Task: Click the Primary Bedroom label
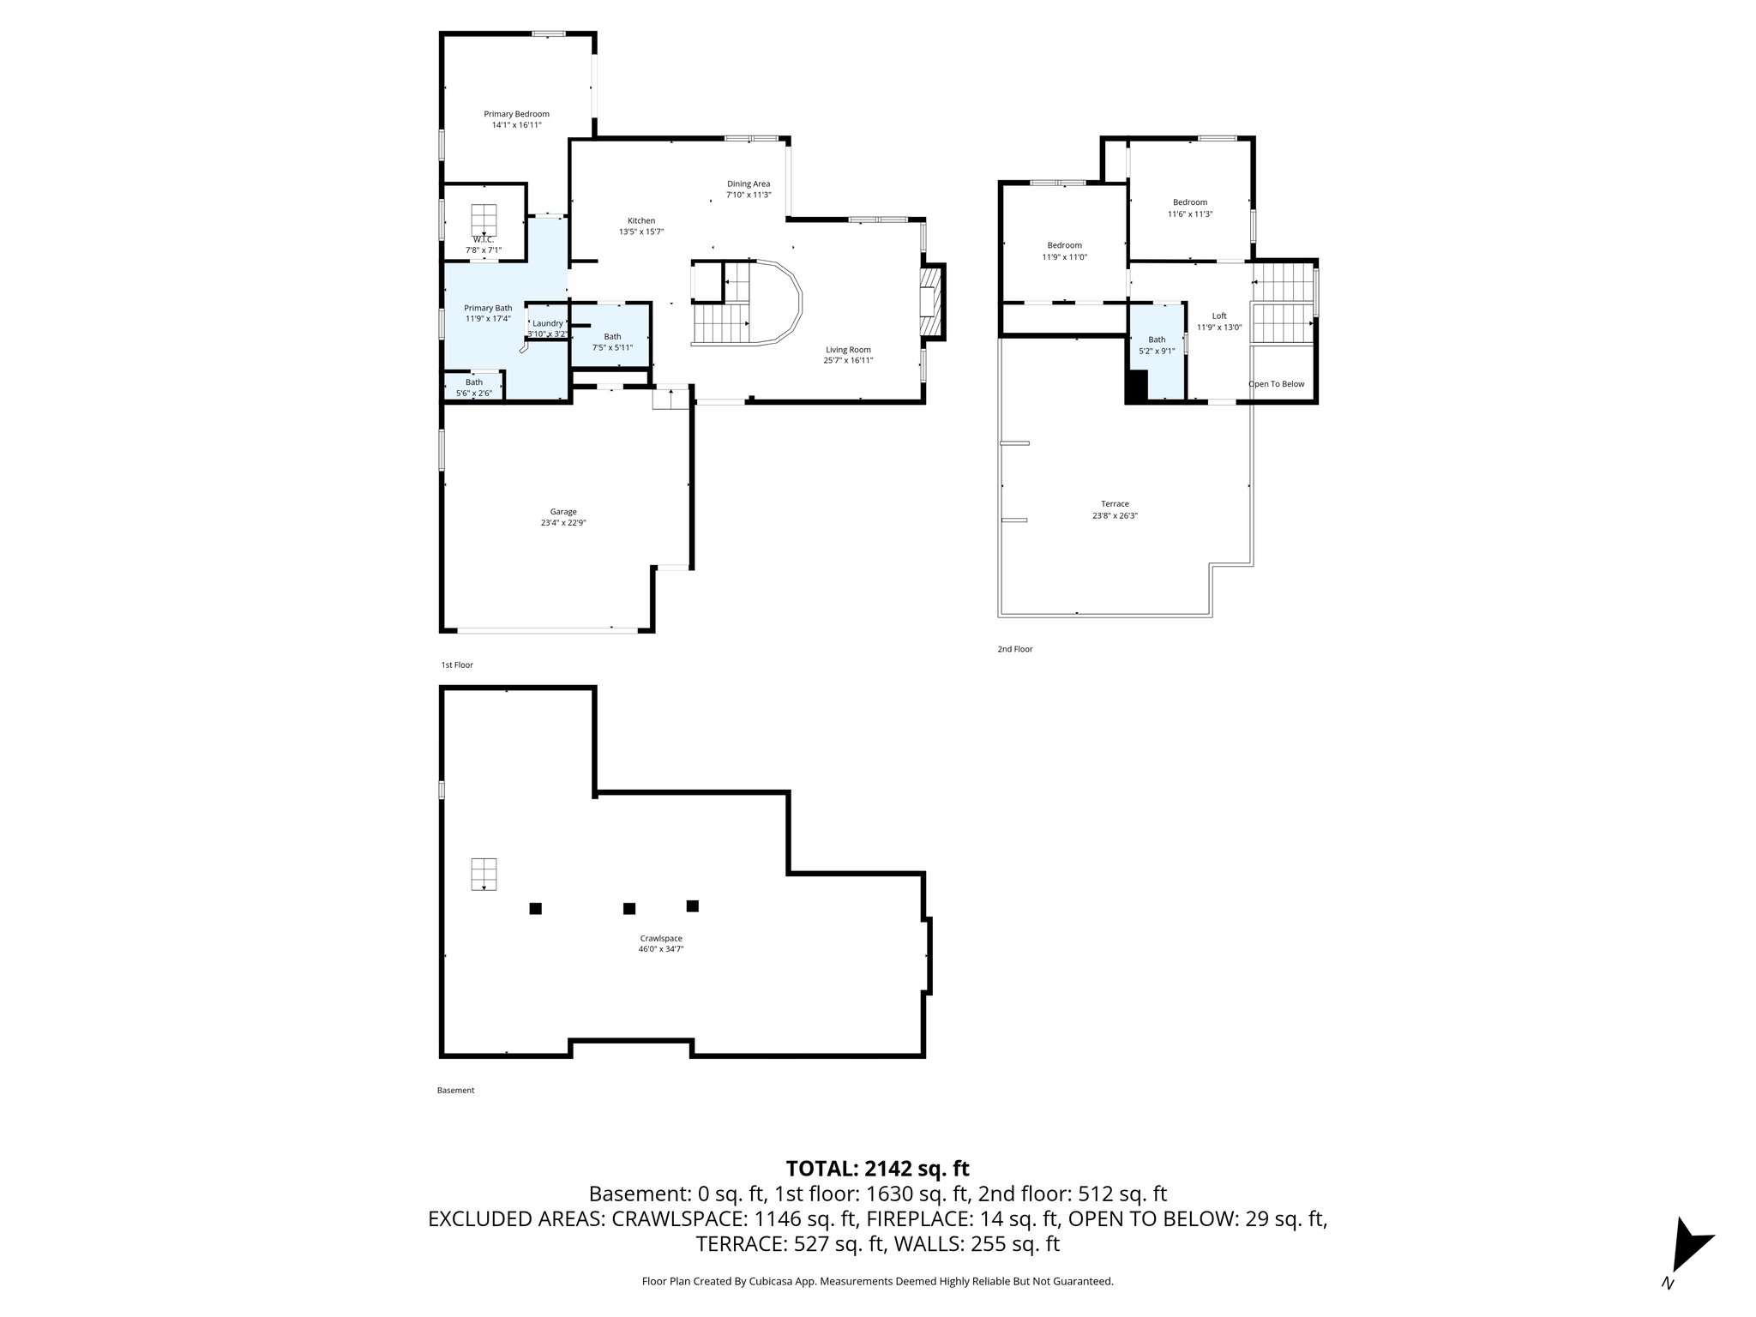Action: [516, 114]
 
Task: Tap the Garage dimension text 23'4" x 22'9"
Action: [562, 523]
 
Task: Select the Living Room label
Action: [848, 350]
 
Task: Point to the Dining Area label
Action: [749, 183]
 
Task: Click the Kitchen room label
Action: [640, 220]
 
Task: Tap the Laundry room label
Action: [548, 323]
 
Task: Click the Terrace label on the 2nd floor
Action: [1115, 504]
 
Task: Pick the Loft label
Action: [1218, 316]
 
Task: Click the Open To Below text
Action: [1276, 384]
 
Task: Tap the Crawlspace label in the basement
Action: [660, 938]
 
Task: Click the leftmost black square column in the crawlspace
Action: [535, 908]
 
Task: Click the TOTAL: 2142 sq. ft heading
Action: [877, 1168]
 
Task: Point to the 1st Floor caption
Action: [456, 665]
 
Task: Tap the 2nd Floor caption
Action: [1014, 649]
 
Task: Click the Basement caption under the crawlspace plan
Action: [455, 1091]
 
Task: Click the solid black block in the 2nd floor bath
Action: [1136, 386]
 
